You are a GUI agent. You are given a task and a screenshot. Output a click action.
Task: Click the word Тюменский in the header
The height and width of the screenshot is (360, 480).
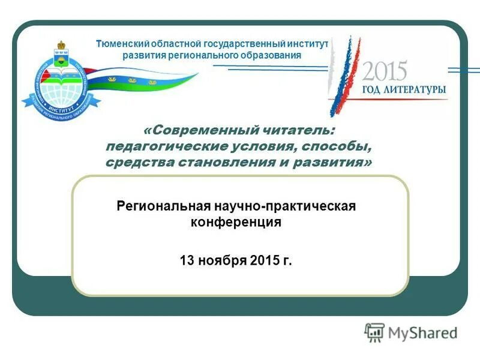pos(119,44)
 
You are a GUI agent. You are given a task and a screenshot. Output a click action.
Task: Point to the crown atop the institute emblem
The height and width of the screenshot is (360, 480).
pos(61,46)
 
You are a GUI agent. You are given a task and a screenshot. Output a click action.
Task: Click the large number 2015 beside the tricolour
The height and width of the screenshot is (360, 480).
pos(384,71)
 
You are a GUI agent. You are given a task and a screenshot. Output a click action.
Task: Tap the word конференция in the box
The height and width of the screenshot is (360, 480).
pos(236,222)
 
